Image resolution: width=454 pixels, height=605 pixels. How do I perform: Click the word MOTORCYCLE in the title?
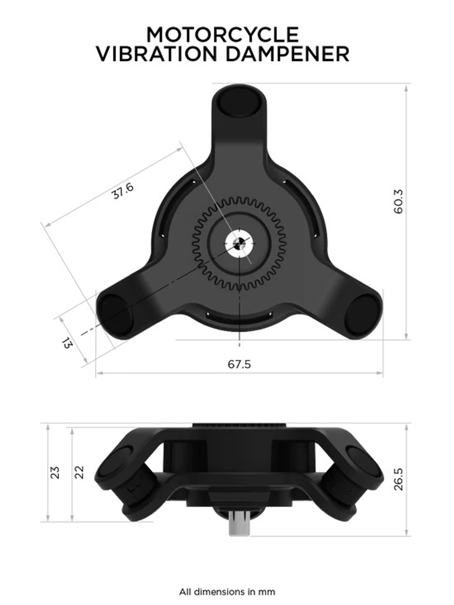pos(222,35)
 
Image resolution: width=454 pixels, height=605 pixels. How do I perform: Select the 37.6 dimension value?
pos(123,191)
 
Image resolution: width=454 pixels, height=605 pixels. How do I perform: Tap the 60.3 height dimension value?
pos(398,202)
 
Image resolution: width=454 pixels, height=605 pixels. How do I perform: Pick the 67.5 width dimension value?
pos(239,364)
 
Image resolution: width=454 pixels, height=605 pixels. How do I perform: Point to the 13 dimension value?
pos(67,343)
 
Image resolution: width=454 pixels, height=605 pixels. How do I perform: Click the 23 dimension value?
pos(55,472)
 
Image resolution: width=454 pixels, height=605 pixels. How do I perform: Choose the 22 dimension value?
pos(79,472)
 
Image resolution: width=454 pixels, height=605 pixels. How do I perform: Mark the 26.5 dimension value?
pos(398,479)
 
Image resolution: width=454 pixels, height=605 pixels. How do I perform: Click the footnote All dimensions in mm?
pos(227,592)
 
